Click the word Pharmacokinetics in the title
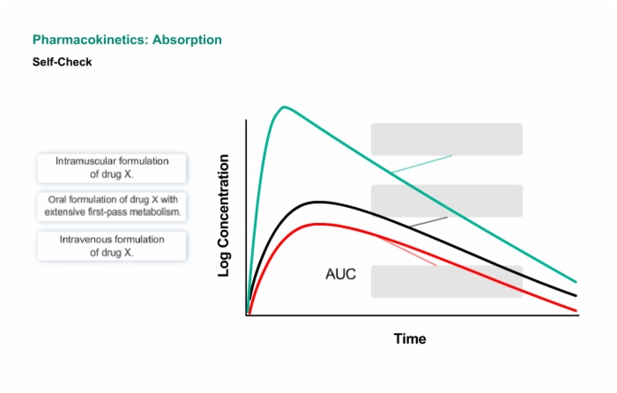[91, 40]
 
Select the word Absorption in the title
[187, 40]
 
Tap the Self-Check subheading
[63, 62]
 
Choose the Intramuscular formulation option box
[112, 168]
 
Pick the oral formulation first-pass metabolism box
[112, 206]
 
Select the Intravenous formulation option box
[112, 246]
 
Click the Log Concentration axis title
[224, 216]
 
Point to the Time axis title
[410, 338]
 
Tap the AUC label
[341, 274]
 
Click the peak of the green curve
[284, 107]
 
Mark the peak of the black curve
[318, 202]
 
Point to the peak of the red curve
[319, 224]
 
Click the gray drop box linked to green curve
[447, 139]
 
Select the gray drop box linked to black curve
[447, 201]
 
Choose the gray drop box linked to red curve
[447, 282]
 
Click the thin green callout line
[422, 164]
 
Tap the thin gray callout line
[428, 222]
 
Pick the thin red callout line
[407, 251]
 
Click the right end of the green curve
[576, 282]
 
